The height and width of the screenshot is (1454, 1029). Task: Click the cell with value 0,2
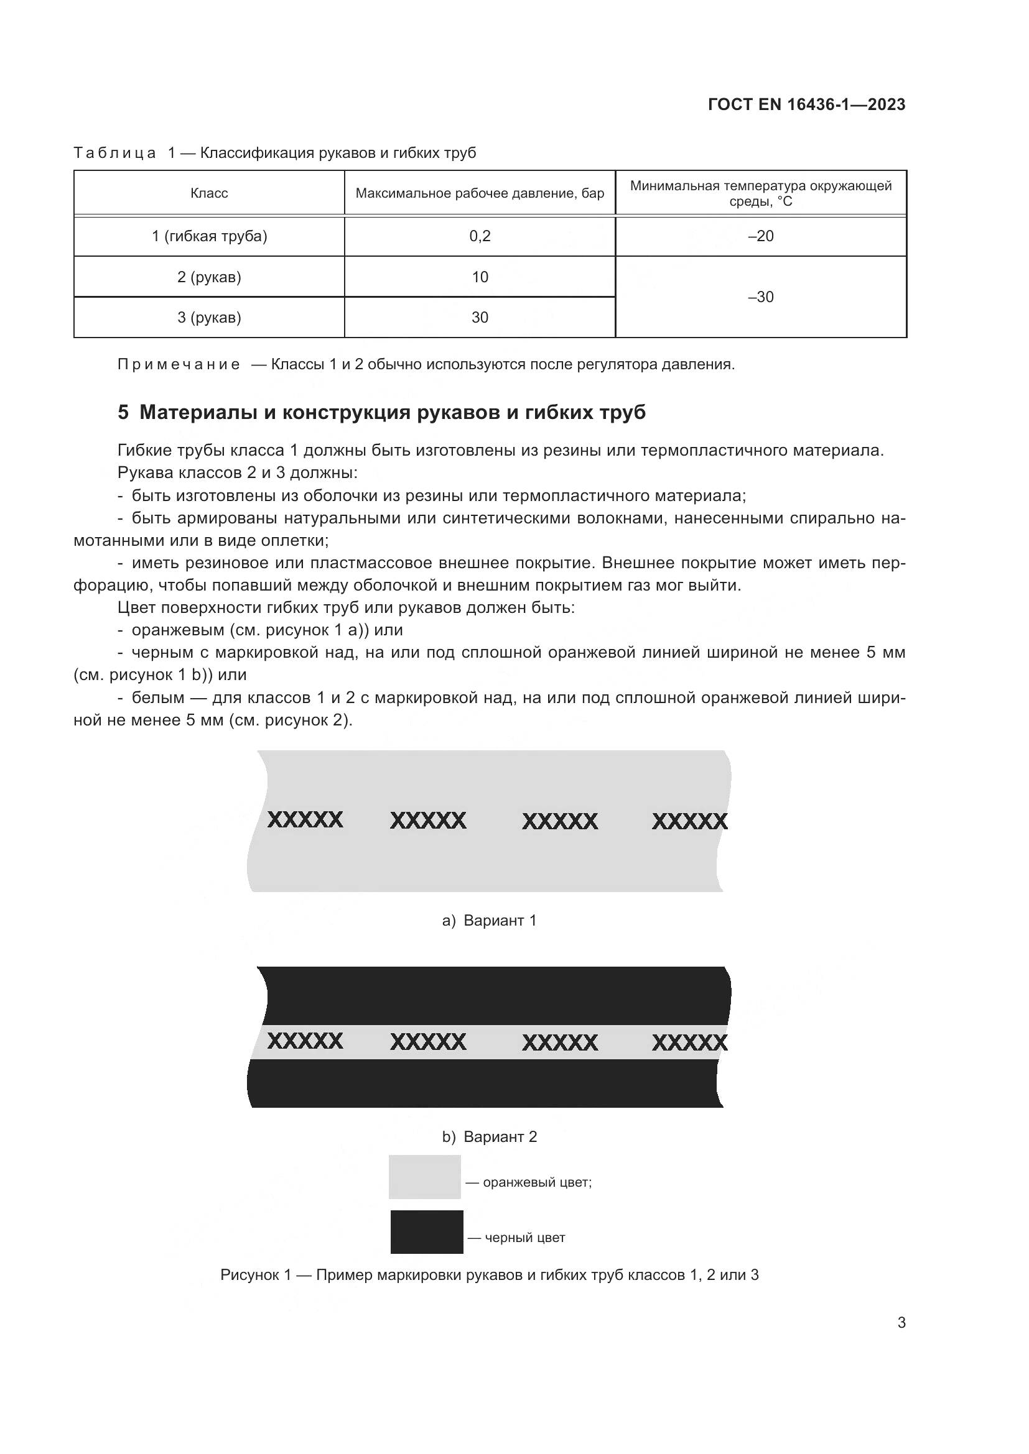[x=480, y=236]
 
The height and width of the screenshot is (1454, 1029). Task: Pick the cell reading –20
[x=760, y=236]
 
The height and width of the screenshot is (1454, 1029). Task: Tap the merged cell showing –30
[x=760, y=297]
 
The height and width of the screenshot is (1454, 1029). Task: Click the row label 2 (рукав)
[x=209, y=277]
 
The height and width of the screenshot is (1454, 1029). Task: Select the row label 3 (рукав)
[x=209, y=318]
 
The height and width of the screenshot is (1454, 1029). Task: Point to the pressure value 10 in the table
[x=480, y=277]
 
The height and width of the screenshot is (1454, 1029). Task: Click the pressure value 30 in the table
[x=480, y=318]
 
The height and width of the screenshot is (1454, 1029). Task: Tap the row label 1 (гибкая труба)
[x=209, y=236]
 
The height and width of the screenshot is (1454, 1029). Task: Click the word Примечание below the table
[x=179, y=365]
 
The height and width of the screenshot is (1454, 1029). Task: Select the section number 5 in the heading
[x=123, y=412]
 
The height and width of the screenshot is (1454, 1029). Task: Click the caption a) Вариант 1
[x=489, y=921]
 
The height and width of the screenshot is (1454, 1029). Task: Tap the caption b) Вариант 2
[x=489, y=1137]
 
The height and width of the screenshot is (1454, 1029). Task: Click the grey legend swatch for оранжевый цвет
[x=424, y=1177]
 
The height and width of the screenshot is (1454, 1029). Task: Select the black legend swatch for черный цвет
[x=426, y=1232]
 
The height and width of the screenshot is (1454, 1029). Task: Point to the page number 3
[x=901, y=1323]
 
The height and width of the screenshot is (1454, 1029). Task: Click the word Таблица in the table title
[x=114, y=154]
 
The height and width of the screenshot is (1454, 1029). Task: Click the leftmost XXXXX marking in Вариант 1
[x=305, y=820]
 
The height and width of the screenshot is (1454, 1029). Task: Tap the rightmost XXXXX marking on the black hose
[x=689, y=1042]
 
